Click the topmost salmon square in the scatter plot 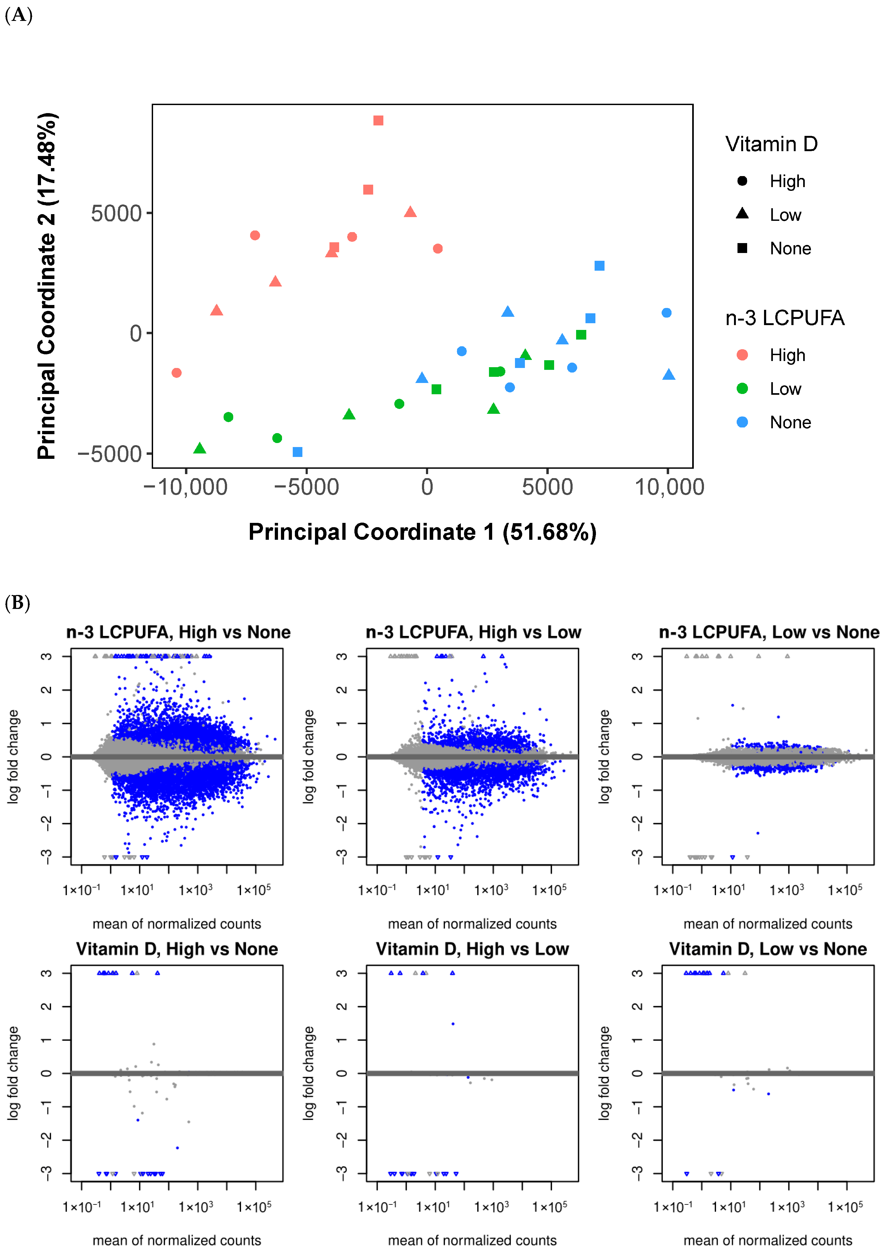(x=378, y=120)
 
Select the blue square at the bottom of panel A (x=298, y=452)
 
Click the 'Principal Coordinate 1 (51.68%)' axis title (x=422, y=532)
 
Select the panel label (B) (x=17, y=603)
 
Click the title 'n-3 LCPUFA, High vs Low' (x=473, y=632)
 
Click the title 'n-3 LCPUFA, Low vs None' (x=769, y=632)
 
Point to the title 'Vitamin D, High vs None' (x=177, y=949)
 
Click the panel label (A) (x=18, y=15)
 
